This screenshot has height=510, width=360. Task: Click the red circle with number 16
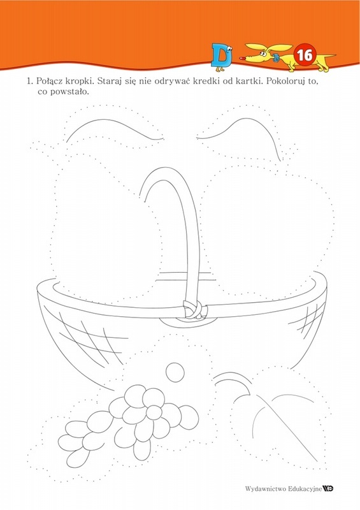click(305, 55)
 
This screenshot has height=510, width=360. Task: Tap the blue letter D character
click(222, 57)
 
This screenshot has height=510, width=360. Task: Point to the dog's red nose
click(243, 59)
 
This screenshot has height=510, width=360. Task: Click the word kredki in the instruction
click(205, 81)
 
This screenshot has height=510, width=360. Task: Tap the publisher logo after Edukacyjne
click(328, 488)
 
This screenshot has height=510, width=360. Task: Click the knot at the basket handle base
click(194, 309)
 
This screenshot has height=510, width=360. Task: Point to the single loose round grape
click(175, 372)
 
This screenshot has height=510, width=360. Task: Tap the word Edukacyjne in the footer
click(305, 488)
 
